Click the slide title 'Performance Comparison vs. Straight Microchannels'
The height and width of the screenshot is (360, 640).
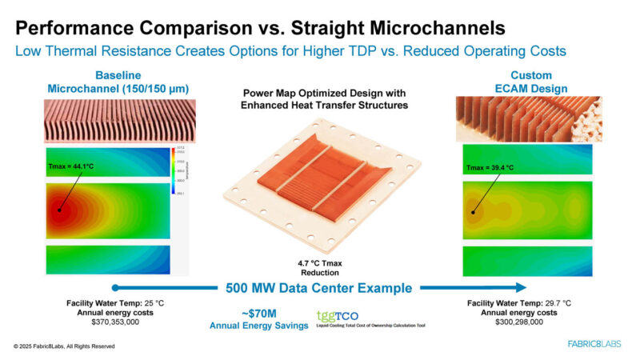[260, 28]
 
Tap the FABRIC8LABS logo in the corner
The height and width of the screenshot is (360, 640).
[594, 345]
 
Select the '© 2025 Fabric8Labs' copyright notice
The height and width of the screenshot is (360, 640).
[64, 346]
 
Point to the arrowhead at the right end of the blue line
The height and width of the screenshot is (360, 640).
[521, 288]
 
